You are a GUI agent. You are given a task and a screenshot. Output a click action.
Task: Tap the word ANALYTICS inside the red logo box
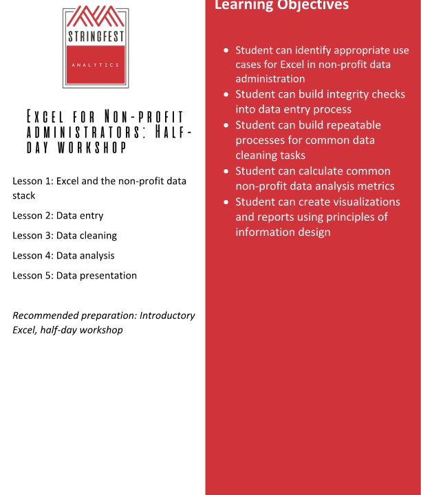(95, 65)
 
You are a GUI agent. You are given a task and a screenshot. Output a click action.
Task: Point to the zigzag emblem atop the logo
(95, 16)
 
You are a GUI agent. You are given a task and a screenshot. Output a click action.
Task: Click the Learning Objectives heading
(281, 5)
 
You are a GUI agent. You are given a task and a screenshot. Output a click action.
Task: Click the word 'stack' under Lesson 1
(24, 196)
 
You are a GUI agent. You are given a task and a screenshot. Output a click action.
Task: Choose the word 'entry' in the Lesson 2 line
(91, 216)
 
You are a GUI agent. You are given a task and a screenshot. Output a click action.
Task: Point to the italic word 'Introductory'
(167, 316)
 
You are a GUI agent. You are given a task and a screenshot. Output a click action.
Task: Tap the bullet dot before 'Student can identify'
(226, 51)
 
